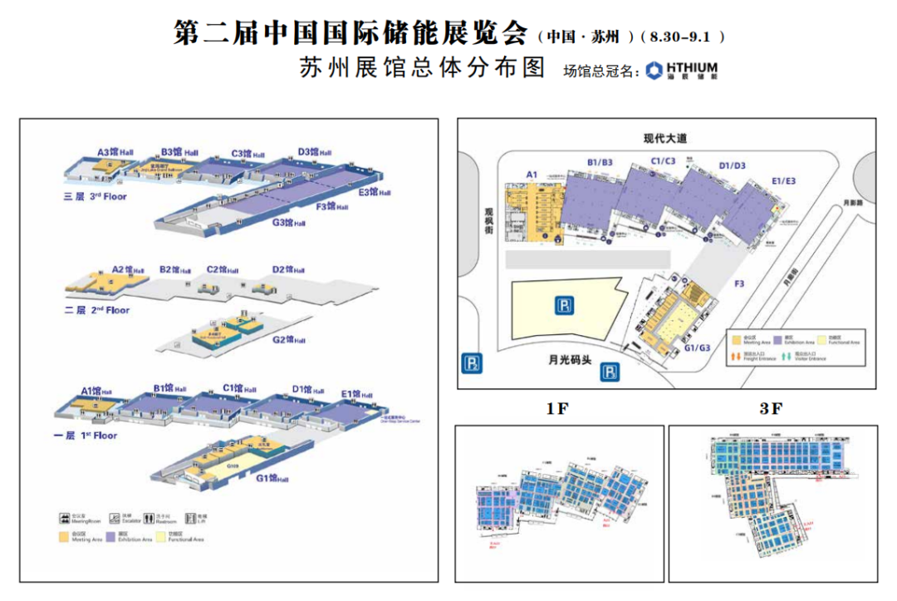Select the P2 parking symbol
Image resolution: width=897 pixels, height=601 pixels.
[472, 364]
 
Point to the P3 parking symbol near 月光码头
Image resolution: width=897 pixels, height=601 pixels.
[610, 372]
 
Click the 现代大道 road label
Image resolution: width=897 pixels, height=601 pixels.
[665, 138]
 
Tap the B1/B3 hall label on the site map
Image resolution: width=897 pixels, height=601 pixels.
[600, 161]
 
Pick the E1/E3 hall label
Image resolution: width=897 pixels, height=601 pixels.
[784, 180]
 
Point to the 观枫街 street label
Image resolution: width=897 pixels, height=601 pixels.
[490, 224]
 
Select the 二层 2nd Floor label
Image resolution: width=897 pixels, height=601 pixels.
[97, 310]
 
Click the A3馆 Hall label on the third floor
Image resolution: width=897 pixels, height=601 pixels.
[115, 152]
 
